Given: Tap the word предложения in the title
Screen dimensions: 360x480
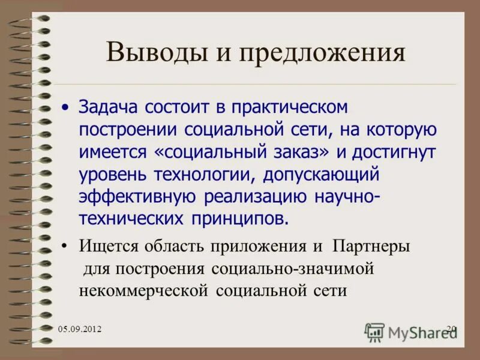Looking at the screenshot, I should click(323, 53).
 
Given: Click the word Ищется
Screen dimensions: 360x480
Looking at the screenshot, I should click(108, 247).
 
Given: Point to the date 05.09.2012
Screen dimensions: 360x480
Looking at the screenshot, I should click(80, 329).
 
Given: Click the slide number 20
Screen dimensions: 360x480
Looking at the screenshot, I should click(451, 328).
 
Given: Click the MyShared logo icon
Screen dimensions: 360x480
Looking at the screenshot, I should click(375, 331).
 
